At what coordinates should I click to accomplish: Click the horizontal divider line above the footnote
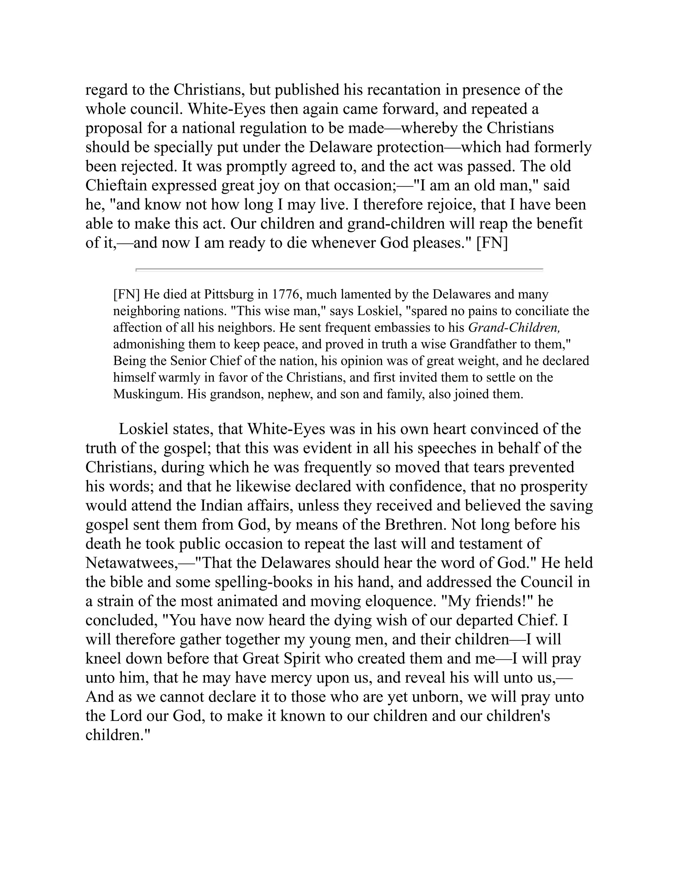point(339,269)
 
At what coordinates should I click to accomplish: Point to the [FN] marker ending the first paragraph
point(492,244)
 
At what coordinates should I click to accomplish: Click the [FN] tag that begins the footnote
point(126,295)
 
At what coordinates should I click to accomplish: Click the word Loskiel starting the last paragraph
point(143,429)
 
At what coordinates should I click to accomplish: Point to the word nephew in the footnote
point(290,394)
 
